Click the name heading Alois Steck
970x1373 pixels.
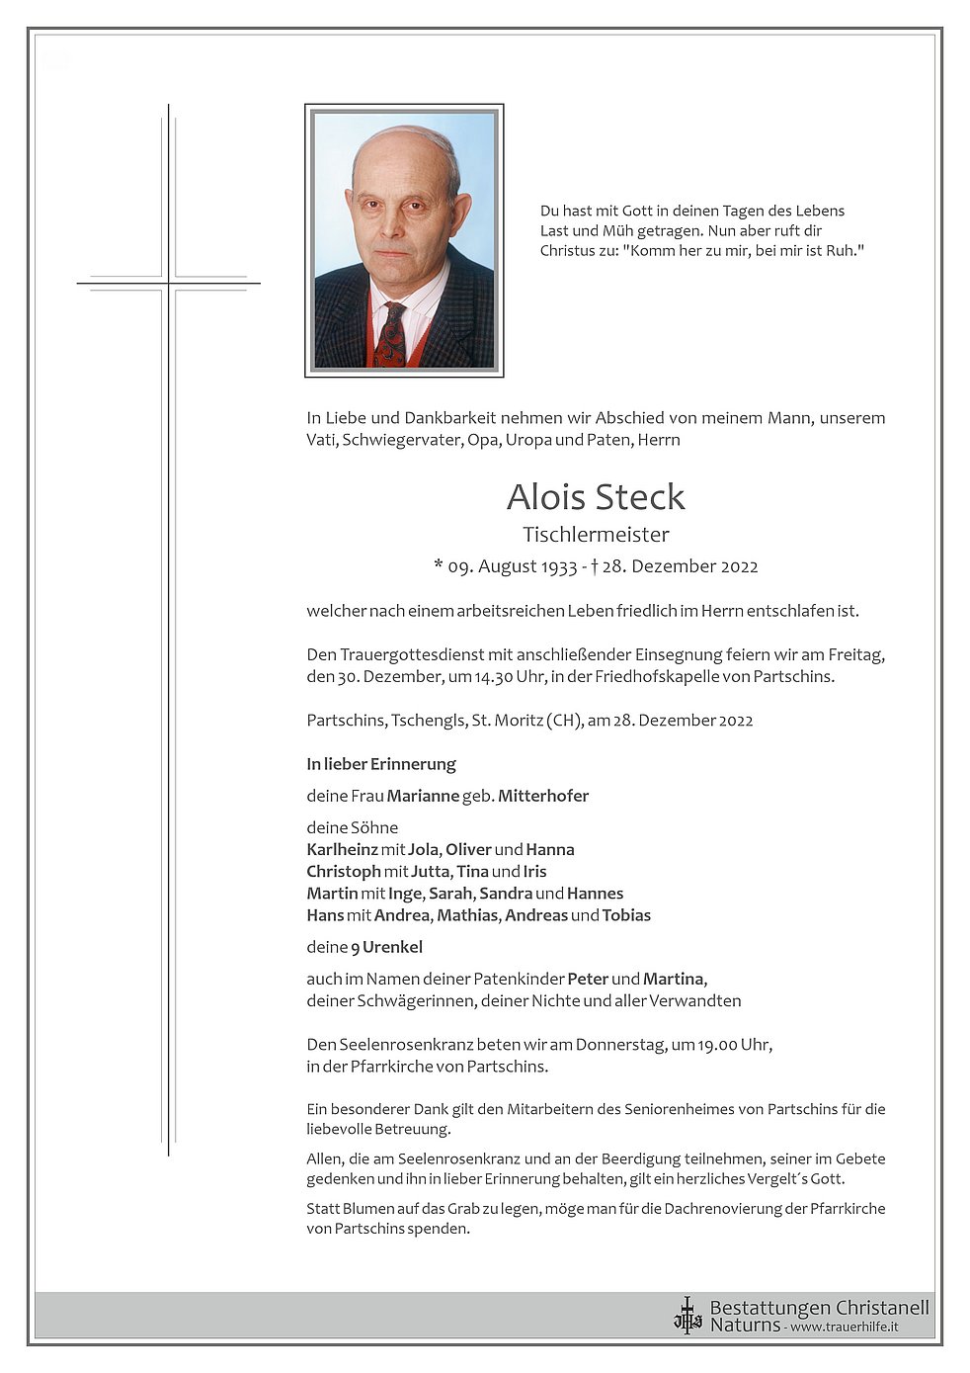(x=596, y=496)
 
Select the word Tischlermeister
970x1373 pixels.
(x=596, y=535)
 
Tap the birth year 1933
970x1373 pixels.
(x=559, y=566)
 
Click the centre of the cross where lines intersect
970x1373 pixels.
(x=169, y=284)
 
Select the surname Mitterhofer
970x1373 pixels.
(x=543, y=796)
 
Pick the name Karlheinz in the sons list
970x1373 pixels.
(x=343, y=849)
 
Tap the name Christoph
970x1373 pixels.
(x=344, y=871)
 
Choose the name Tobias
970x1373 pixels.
(x=626, y=915)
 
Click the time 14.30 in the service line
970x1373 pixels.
(x=494, y=677)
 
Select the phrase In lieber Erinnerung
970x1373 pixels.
(x=381, y=764)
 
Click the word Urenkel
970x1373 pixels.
(x=392, y=947)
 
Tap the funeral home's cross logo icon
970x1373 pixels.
(x=687, y=1315)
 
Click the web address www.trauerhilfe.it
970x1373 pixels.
(x=845, y=1327)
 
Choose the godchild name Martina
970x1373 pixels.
(x=674, y=979)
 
